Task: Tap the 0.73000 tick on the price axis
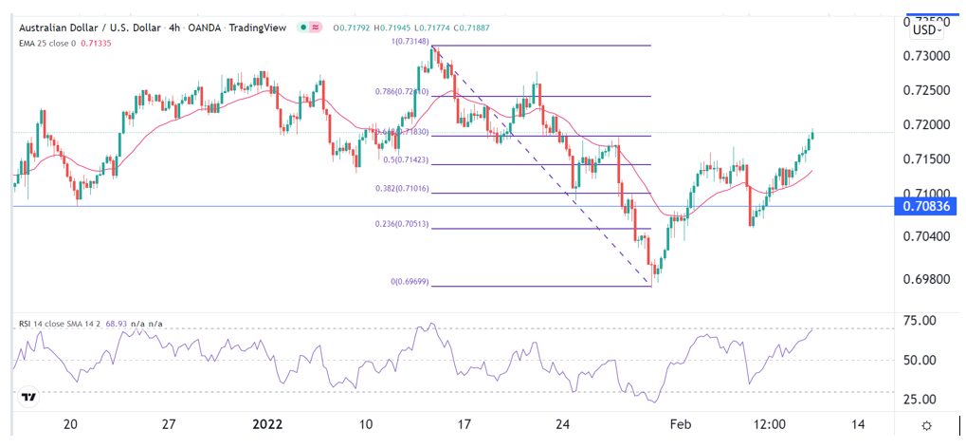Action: (x=925, y=56)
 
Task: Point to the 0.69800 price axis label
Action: (x=925, y=279)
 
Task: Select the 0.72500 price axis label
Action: (x=925, y=90)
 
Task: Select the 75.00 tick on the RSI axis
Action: (x=923, y=321)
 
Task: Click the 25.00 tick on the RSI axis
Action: (x=923, y=399)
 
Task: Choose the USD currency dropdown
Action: (x=925, y=29)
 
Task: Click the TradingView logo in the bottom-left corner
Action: (x=29, y=397)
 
